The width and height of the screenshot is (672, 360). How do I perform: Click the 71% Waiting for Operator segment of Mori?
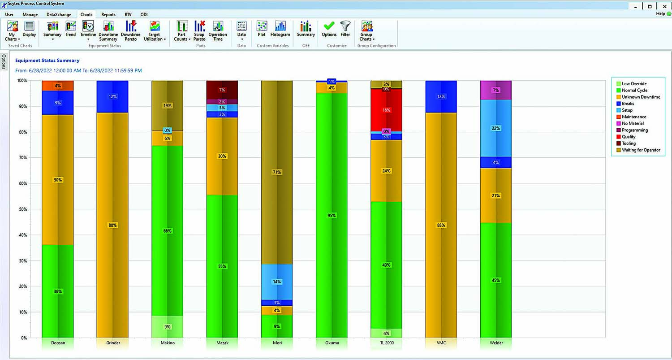(x=277, y=172)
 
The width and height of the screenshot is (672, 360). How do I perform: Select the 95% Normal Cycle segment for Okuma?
(x=332, y=215)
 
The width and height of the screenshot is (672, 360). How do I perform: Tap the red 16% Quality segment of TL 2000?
(x=386, y=110)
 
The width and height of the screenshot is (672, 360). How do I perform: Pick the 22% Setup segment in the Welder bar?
(x=496, y=128)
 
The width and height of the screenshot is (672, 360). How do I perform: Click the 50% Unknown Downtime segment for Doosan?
(x=58, y=180)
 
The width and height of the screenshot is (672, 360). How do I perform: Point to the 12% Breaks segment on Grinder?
(x=112, y=96)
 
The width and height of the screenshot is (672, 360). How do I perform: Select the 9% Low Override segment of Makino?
(x=167, y=327)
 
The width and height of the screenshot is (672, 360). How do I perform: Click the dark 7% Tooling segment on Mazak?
(x=222, y=90)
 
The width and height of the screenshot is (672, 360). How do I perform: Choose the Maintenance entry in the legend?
(x=633, y=117)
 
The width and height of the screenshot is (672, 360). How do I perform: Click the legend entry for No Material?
(x=633, y=123)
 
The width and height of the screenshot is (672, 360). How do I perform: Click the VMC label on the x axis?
(x=441, y=343)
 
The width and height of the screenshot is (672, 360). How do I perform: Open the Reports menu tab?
(x=108, y=15)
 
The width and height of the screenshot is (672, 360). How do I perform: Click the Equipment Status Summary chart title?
(x=47, y=61)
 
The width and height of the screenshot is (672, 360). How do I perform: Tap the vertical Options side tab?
(x=4, y=62)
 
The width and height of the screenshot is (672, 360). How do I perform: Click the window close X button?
(x=664, y=6)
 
